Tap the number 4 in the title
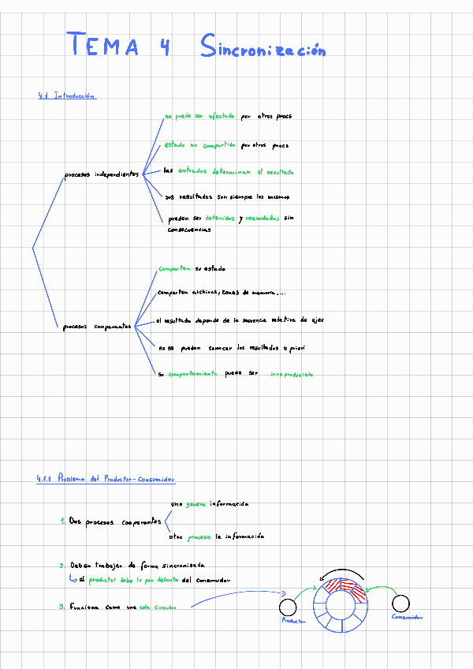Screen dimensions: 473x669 coord(165,47)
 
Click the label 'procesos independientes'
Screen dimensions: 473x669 coord(101,174)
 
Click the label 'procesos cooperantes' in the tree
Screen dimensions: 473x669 coord(97,327)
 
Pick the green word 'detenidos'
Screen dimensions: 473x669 coord(218,218)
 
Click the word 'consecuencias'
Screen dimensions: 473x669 coord(188,230)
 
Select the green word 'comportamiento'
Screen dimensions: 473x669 coord(192,373)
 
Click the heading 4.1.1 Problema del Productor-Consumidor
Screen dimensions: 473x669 coord(106,478)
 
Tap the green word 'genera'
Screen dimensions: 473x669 coord(196,503)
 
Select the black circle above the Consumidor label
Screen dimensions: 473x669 coord(401,604)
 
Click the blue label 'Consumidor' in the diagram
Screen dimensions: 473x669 coord(407,618)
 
